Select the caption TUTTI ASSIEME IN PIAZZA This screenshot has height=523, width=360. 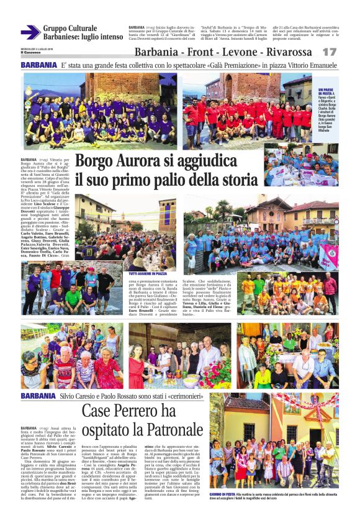[148, 273]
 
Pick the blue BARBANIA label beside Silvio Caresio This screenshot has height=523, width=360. [38, 396]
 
